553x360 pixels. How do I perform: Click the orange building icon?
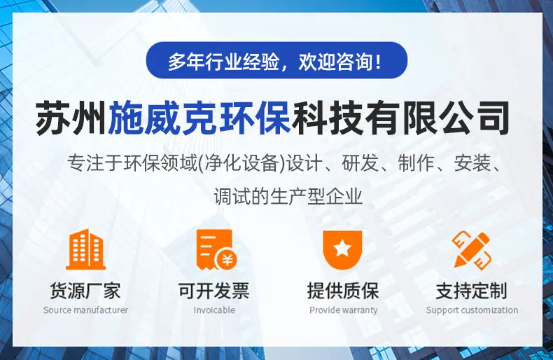85,249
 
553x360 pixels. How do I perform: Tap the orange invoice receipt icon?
216,249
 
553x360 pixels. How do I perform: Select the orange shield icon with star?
342,250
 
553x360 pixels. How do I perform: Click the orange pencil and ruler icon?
472,249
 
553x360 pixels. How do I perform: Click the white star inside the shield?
342,248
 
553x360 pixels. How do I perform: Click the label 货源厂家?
85,291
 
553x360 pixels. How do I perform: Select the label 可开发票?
214,291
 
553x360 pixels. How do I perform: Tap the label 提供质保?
343,291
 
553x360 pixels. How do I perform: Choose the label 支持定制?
472,291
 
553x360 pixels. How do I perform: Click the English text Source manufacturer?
85,310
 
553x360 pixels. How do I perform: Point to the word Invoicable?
214,310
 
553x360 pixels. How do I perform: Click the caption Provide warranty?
344,310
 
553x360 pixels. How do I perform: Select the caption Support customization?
472,310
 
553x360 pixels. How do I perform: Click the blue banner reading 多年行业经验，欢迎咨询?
276,60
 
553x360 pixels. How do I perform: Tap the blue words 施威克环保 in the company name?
199,117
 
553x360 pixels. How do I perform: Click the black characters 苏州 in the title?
71,117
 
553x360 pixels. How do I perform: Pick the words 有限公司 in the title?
437,117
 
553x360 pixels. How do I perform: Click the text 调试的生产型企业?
288,196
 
